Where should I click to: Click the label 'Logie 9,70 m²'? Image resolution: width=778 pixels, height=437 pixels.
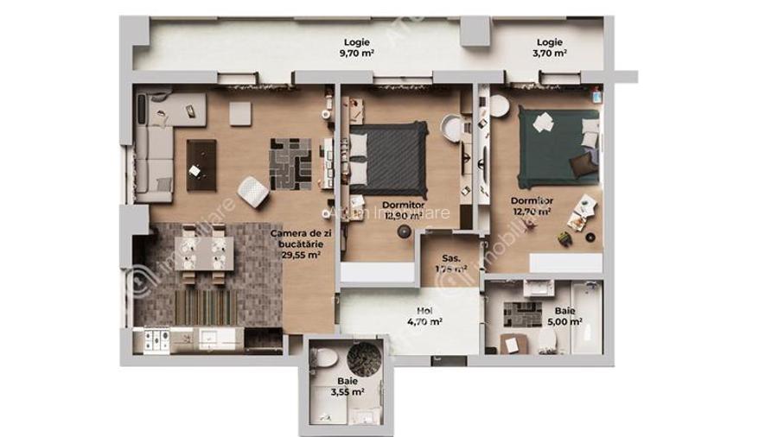click(359, 47)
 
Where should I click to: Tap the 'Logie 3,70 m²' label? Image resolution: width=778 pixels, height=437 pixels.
click(550, 47)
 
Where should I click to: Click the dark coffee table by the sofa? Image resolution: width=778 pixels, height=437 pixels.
click(201, 164)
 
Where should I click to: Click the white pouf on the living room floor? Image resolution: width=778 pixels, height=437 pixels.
click(252, 191)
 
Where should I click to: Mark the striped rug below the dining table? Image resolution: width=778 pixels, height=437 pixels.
click(206, 304)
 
